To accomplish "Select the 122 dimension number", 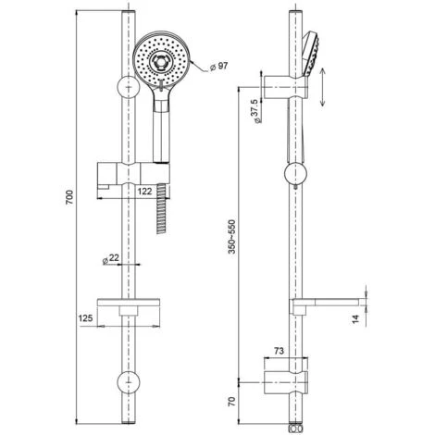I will pyautogui.click(x=144, y=191).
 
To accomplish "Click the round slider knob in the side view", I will pyautogui.click(x=295, y=173).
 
